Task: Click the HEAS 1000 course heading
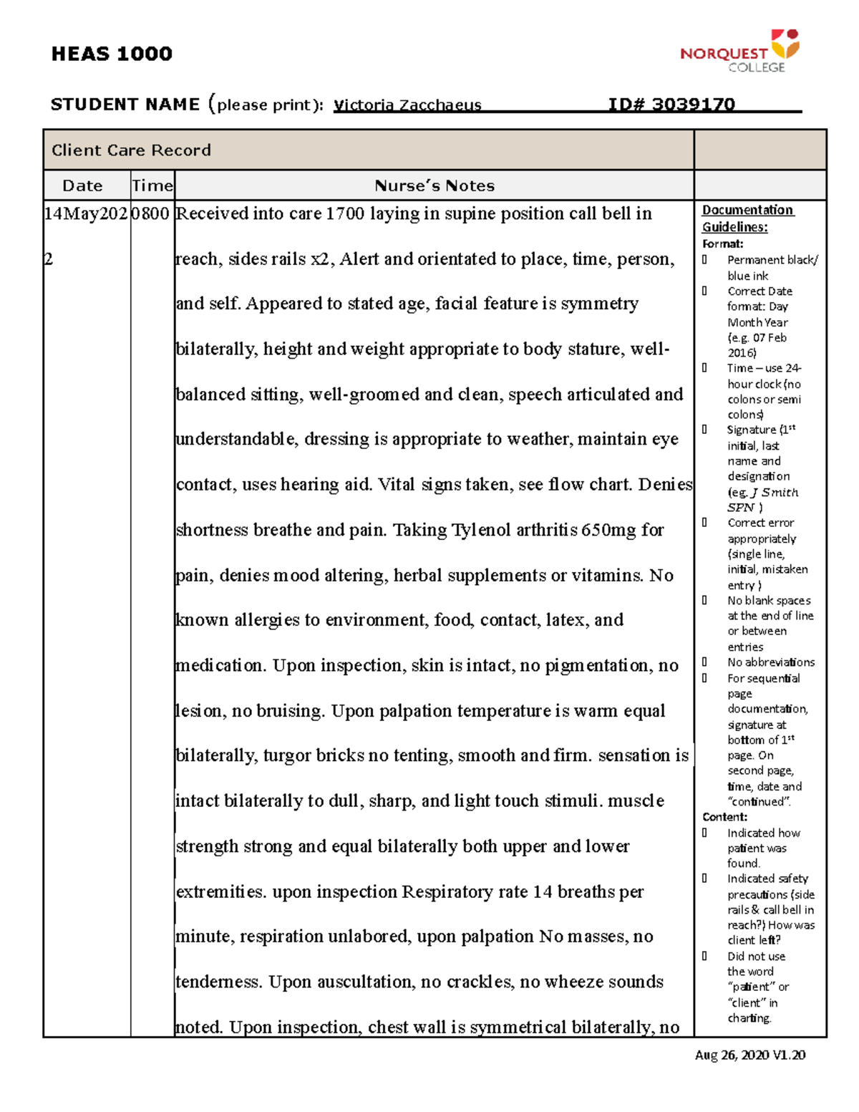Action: [112, 54]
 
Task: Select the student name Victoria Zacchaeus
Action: [407, 105]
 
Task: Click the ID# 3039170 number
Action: [671, 105]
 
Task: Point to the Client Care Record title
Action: [131, 150]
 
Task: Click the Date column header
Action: [82, 186]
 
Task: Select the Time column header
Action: [152, 186]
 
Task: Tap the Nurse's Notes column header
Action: [435, 186]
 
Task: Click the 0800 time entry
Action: [150, 214]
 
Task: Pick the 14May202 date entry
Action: [86, 214]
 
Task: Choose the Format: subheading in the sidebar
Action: [722, 244]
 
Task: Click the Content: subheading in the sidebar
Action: [724, 817]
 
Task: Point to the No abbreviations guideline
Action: [770, 662]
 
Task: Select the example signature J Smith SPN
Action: [762, 500]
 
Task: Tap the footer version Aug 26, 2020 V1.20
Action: [750, 1055]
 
